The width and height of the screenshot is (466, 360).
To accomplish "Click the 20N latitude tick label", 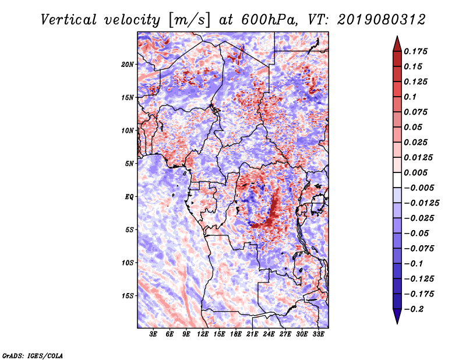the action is [x=128, y=65].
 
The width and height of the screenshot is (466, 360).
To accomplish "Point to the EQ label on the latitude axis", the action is [x=129, y=197].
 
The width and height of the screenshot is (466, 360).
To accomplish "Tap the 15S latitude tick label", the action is [x=128, y=296].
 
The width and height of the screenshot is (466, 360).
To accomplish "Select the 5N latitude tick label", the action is [x=129, y=164].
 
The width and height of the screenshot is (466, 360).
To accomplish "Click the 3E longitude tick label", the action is [x=153, y=334].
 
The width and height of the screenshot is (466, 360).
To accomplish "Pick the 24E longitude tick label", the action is [x=269, y=334].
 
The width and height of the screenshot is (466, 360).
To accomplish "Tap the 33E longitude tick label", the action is [x=318, y=334].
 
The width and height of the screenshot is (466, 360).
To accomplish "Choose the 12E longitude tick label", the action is [x=203, y=334].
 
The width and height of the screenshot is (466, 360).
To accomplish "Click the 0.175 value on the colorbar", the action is [x=415, y=51].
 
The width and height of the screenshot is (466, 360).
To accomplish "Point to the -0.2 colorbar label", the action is [x=414, y=309].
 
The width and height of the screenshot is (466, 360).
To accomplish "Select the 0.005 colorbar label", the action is [x=415, y=172].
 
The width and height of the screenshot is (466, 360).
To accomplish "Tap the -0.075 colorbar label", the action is [x=419, y=249].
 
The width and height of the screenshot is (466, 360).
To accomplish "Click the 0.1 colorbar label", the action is [x=410, y=97].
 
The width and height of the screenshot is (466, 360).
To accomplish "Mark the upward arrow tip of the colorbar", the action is [x=397, y=36].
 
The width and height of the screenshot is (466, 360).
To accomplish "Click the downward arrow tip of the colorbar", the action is [x=397, y=323].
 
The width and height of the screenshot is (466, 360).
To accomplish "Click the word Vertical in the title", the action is [x=69, y=20].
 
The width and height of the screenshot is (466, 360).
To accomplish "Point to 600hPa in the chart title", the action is [x=269, y=20].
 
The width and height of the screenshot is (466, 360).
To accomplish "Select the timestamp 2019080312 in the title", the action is [x=382, y=20].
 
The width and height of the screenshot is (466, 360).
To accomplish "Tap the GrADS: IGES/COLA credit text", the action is [x=33, y=356].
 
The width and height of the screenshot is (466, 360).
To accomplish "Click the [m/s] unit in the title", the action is [x=189, y=20].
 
